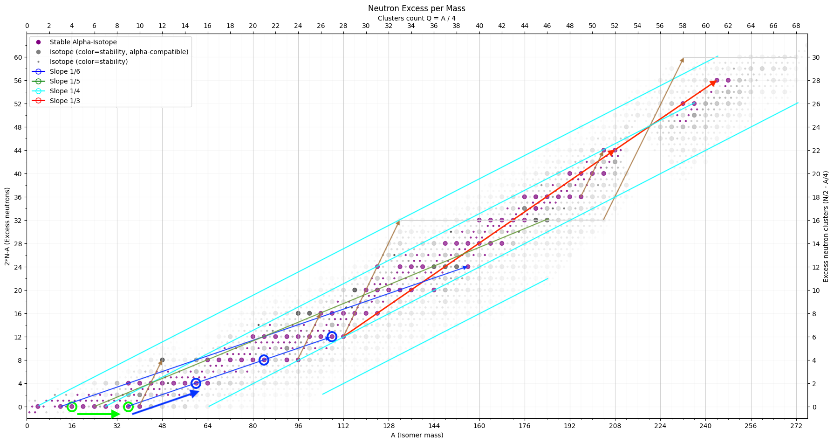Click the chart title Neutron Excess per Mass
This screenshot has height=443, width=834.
(x=417, y=8)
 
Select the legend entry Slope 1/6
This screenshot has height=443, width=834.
(x=65, y=71)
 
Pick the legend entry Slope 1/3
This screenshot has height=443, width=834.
(x=65, y=101)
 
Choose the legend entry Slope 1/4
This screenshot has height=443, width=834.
(x=65, y=91)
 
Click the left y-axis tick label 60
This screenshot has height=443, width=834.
(x=18, y=57)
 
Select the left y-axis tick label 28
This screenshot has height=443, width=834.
(x=18, y=244)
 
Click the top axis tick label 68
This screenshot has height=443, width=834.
(x=796, y=26)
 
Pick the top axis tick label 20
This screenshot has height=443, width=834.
(x=253, y=26)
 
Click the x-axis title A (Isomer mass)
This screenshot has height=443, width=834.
(x=417, y=435)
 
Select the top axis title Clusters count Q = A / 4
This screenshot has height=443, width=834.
(x=417, y=18)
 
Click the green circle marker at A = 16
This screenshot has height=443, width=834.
(x=72, y=407)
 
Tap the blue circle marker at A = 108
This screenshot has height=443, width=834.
(x=332, y=337)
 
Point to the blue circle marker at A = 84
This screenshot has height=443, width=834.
(x=264, y=360)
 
